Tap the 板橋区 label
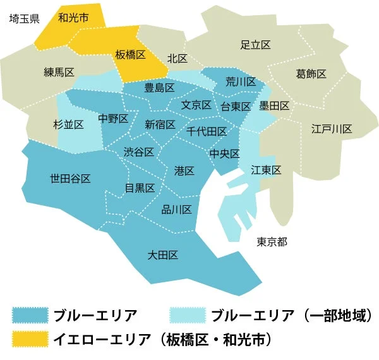(131, 56)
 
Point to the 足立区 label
(256, 45)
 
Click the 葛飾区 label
(311, 75)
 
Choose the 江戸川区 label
(332, 129)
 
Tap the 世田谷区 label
(70, 179)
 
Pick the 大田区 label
(162, 255)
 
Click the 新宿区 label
(160, 124)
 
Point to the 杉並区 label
(68, 125)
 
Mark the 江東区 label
(265, 170)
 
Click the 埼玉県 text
(25, 18)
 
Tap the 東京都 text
(272, 242)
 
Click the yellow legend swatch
(31, 339)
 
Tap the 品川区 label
(177, 210)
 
